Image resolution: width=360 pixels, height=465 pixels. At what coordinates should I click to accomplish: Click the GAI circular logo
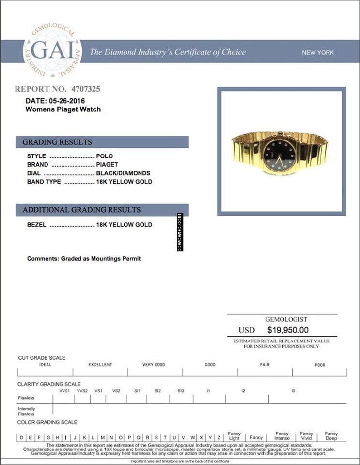52,51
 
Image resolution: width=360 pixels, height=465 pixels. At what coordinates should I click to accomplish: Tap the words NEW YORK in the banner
318,52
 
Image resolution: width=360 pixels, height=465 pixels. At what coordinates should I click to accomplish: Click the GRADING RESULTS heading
57,142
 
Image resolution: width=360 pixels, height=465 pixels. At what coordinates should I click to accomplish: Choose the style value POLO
105,156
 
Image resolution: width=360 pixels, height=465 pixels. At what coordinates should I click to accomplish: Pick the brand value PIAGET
107,165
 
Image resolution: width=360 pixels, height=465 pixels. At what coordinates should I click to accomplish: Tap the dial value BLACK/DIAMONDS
123,173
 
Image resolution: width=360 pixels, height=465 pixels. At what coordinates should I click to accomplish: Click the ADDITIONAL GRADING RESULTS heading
81,210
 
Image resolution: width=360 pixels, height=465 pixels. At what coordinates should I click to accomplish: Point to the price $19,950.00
288,330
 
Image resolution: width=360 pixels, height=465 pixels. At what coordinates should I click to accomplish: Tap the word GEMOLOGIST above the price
286,320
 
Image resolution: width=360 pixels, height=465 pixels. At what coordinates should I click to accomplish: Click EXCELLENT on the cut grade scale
100,365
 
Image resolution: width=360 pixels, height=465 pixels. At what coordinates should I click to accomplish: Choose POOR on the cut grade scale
320,365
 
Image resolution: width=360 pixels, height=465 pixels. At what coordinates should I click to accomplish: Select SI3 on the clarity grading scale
181,390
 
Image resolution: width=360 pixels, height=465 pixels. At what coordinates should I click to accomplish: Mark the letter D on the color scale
21,437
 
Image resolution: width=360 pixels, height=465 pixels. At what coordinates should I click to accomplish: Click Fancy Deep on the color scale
331,436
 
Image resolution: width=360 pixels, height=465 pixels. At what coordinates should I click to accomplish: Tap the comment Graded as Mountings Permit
84,259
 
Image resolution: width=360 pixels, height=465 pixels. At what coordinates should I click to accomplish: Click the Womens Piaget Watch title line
63,109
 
